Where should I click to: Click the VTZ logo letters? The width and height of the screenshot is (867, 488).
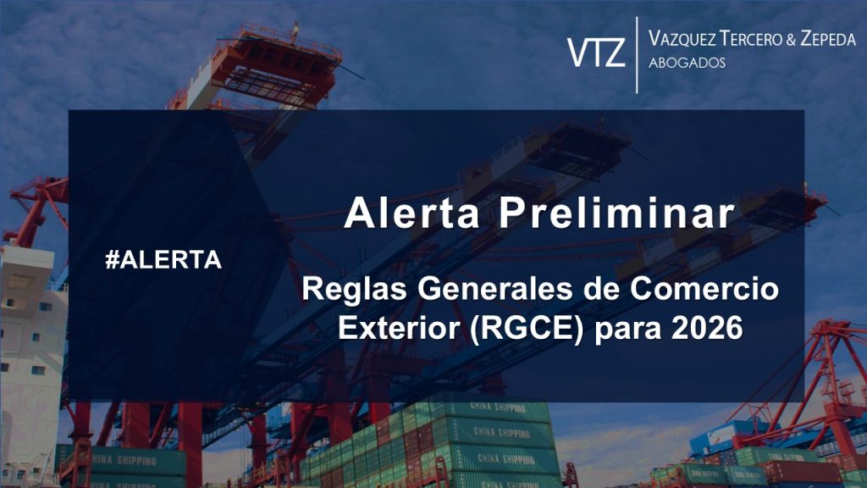pyautogui.click(x=597, y=52)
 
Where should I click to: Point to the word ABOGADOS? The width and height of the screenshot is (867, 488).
pyautogui.click(x=686, y=64)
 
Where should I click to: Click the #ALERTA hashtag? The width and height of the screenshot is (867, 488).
pyautogui.click(x=163, y=260)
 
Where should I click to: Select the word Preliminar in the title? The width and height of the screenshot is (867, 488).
pyautogui.click(x=616, y=213)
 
